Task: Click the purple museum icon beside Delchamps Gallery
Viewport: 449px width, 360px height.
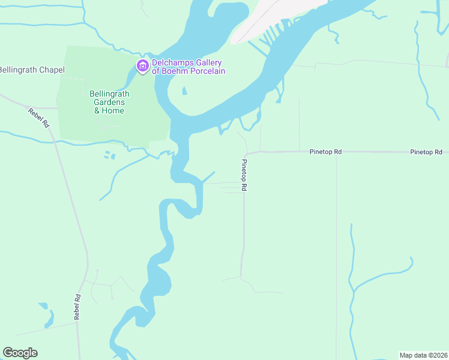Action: click(x=143, y=65)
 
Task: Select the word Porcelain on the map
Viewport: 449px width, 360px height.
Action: click(x=205, y=71)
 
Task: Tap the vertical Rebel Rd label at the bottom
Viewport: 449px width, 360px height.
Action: click(x=77, y=306)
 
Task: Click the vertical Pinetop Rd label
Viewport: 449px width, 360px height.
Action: click(x=244, y=175)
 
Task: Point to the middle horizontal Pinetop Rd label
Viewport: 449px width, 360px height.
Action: click(x=325, y=152)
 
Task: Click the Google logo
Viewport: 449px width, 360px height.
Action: click(x=20, y=353)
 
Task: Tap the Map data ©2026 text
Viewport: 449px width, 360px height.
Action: click(x=423, y=355)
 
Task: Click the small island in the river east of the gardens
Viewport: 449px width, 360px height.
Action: click(x=184, y=92)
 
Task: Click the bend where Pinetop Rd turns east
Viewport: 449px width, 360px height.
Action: click(x=246, y=154)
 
